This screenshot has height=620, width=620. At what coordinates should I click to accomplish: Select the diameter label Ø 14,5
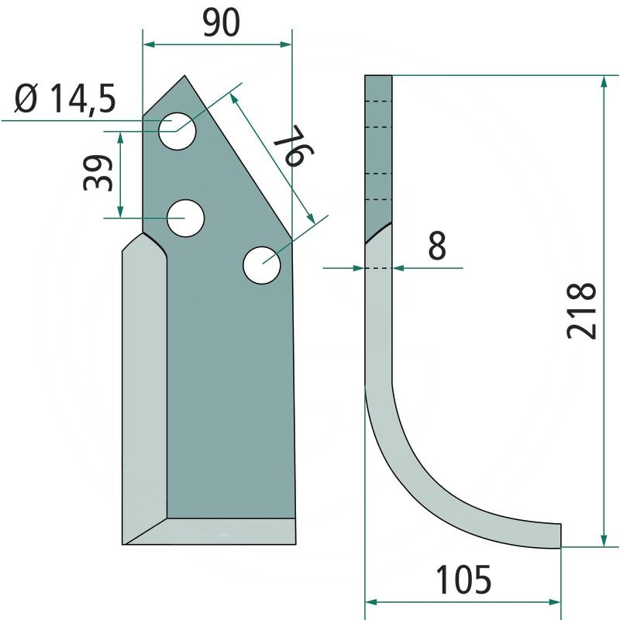click(x=66, y=99)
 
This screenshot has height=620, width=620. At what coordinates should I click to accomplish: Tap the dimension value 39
click(x=98, y=173)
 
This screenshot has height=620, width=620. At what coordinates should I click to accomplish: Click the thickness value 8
click(x=437, y=246)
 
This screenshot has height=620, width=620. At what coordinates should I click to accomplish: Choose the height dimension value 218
click(x=581, y=311)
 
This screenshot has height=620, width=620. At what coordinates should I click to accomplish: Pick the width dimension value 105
click(x=463, y=580)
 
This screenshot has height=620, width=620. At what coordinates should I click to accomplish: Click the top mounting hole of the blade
click(x=177, y=131)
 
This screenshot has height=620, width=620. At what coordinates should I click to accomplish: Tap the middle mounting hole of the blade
click(x=185, y=219)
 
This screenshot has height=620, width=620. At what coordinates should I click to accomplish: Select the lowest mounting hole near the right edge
click(x=262, y=265)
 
